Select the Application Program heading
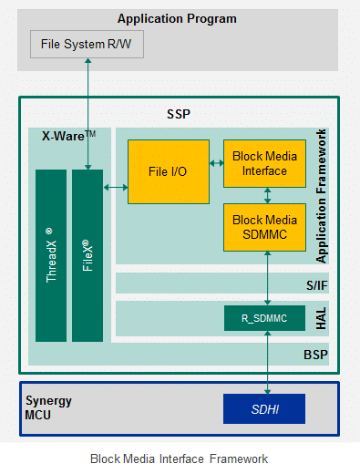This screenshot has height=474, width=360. (x=177, y=18)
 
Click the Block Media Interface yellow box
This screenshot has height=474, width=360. (x=264, y=163)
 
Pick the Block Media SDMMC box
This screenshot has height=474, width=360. (x=264, y=227)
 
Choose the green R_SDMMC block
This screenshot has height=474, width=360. (x=264, y=318)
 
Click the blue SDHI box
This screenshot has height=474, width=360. (x=264, y=408)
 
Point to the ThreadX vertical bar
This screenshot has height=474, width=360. (x=51, y=255)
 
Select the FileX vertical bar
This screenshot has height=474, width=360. (x=87, y=255)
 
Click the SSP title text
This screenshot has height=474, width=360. (x=179, y=116)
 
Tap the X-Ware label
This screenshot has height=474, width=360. (x=68, y=136)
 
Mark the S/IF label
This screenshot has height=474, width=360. (x=316, y=285)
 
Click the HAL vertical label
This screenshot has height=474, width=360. (x=320, y=318)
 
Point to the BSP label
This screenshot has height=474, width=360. (x=315, y=354)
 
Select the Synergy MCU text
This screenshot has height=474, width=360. (x=49, y=407)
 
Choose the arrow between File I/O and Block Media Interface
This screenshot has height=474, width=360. (x=217, y=164)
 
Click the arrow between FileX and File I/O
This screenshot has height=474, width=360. (x=116, y=188)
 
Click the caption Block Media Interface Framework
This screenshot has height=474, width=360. (x=179, y=458)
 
